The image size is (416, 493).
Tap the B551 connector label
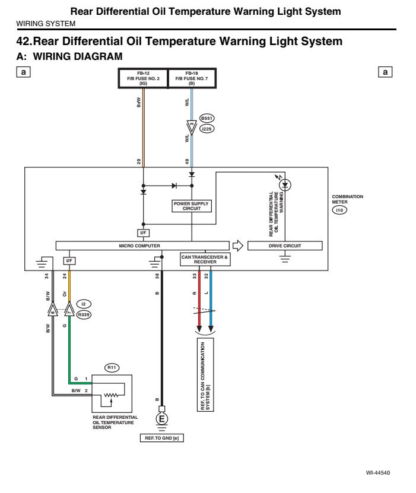(x=207, y=118)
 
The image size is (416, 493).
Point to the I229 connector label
(x=207, y=128)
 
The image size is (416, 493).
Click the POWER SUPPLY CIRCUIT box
(x=192, y=206)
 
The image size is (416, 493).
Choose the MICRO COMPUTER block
(x=142, y=246)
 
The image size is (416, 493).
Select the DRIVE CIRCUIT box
(x=285, y=246)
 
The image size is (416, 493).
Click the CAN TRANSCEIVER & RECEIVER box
(x=205, y=259)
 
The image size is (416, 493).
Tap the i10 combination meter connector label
(x=339, y=209)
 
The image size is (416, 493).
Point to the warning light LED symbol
(x=285, y=185)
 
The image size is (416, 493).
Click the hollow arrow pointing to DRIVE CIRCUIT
(x=237, y=245)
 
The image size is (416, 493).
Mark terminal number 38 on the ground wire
(x=157, y=276)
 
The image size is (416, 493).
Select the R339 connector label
(x=84, y=315)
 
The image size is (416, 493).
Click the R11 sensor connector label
(x=112, y=367)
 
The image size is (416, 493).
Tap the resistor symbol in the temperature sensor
(x=112, y=394)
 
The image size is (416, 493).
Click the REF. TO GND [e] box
(x=161, y=437)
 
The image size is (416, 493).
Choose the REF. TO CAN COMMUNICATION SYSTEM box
(x=204, y=376)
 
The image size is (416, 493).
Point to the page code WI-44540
(x=378, y=473)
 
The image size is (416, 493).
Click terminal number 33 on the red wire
(x=195, y=276)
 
